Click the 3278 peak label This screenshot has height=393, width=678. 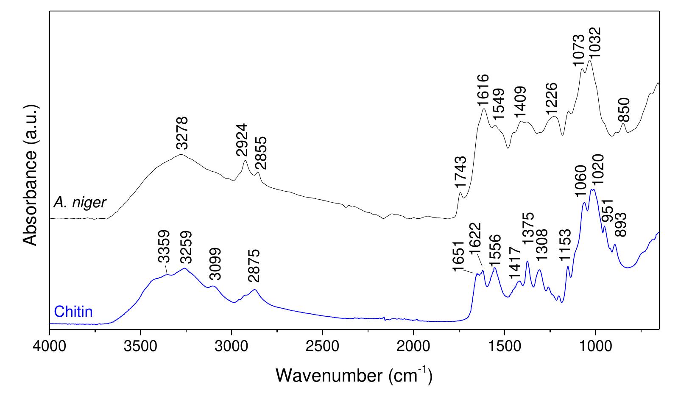click(181, 133)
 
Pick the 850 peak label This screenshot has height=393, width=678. click(624, 110)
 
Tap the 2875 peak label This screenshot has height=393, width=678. click(254, 266)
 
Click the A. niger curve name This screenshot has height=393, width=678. click(79, 203)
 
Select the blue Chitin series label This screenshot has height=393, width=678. click(73, 312)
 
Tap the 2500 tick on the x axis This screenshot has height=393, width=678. click(322, 343)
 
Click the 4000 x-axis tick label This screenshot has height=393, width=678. click(50, 343)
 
